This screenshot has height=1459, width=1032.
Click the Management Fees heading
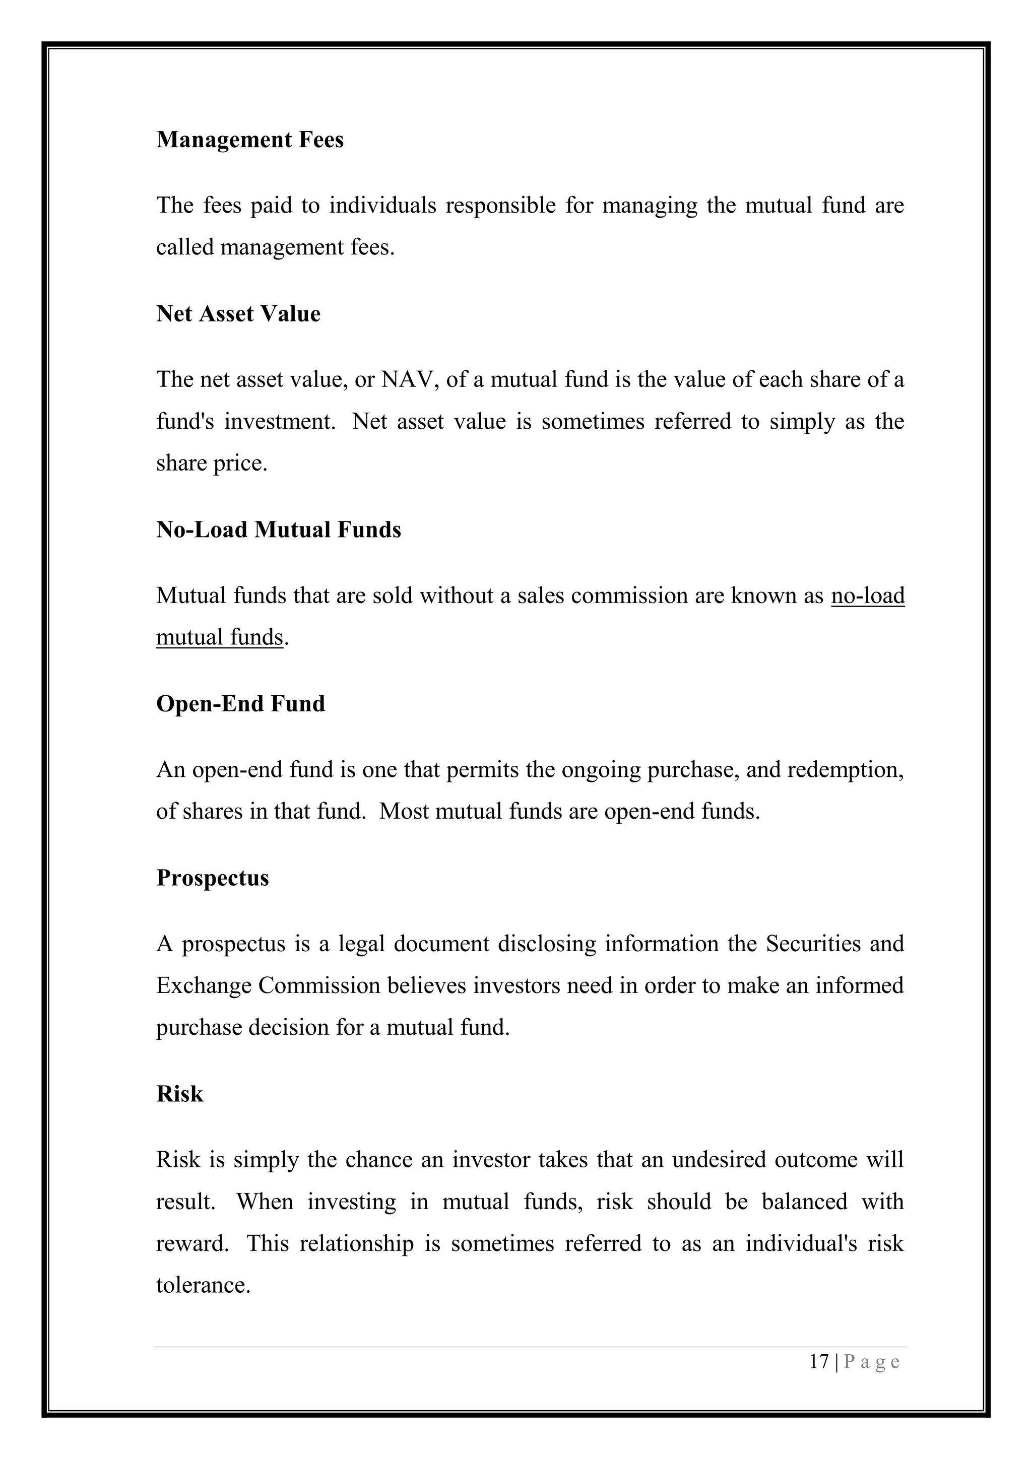250,140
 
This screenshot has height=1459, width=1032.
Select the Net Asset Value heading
238,314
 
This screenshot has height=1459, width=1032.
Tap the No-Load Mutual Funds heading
278,530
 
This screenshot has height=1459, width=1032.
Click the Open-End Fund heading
240,704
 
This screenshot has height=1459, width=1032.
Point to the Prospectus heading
212,878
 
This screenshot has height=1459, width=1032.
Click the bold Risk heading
179,1094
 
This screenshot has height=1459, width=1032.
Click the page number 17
819,1362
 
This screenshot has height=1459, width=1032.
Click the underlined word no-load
867,596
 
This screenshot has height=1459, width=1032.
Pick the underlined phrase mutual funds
219,637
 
